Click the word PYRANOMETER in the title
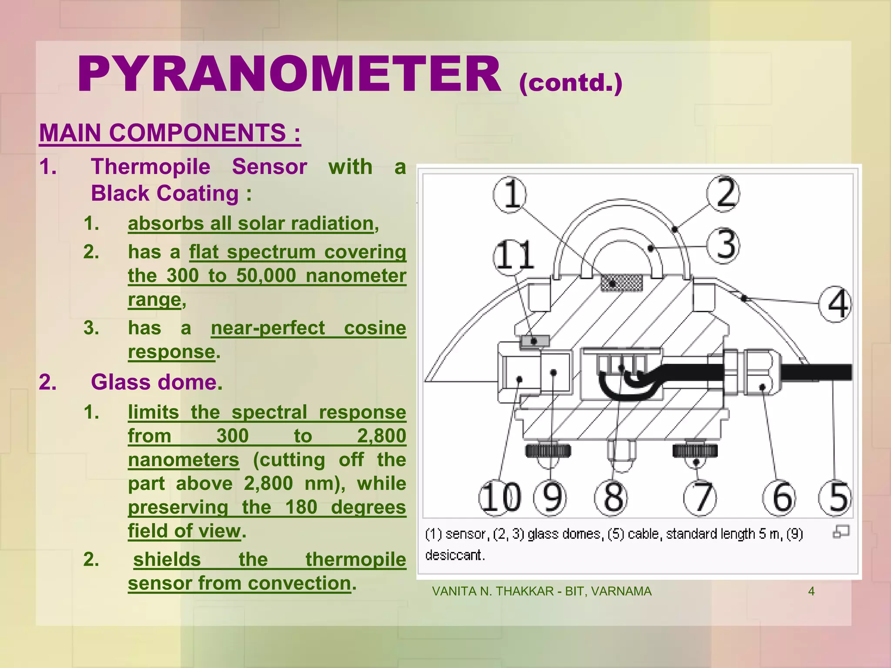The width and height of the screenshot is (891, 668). pos(289,75)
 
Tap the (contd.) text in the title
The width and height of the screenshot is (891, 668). pos(570,83)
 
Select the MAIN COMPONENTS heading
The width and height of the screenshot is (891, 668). pos(170,133)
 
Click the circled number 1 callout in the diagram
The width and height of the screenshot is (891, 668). pos(509,194)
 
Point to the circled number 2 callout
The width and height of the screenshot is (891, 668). pos(723,194)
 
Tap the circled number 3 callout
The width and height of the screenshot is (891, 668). pos(723,246)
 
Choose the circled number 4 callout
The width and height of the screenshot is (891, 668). pos(835,304)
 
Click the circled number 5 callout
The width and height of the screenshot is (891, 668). pos(835,498)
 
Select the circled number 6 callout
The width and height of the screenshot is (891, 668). pos(779,498)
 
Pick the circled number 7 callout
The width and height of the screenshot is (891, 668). pos(700,498)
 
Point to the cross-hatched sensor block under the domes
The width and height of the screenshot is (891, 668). pos(621,283)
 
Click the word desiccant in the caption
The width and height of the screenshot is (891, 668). pos(455,555)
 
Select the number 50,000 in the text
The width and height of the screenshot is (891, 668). pos(266,276)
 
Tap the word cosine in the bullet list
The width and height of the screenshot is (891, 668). pos(375,328)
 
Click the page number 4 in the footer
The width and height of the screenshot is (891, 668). pos(811,591)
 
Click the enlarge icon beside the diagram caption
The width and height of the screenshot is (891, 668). pos(841,532)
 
